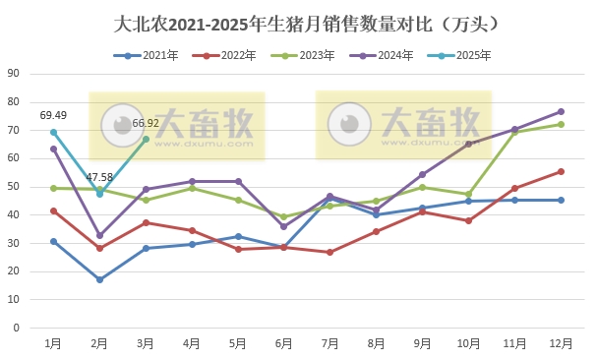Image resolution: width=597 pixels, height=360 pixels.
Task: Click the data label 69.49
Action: coord(53,116)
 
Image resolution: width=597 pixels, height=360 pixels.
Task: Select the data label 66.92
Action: coord(146,123)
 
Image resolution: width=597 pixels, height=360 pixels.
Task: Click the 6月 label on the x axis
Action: coord(284,342)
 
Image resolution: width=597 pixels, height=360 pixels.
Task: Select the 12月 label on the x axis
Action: coord(561,342)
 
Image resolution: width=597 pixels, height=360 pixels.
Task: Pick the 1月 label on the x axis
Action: coord(54,342)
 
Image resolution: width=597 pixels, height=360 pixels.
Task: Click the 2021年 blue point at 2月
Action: coord(99,279)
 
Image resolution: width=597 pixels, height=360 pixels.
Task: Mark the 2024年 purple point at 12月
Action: coord(561,111)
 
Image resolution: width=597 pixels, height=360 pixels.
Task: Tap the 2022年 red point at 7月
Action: coord(330,252)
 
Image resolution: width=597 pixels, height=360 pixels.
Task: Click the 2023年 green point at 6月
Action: coord(284,217)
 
